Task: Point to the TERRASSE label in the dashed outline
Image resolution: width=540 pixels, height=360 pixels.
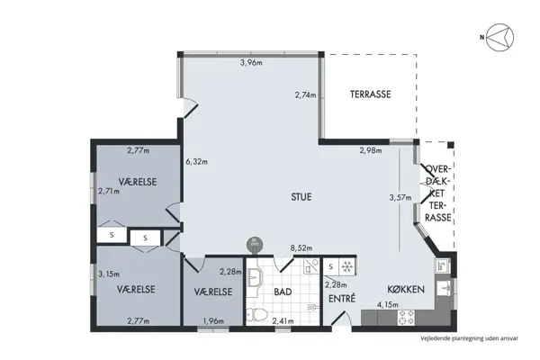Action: (370, 93)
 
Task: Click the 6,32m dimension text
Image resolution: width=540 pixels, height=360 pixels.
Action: (197, 163)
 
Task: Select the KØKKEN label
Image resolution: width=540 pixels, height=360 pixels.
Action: (406, 291)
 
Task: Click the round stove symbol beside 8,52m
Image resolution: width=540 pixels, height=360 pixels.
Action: (255, 244)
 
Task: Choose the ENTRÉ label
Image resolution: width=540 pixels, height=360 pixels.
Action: (341, 298)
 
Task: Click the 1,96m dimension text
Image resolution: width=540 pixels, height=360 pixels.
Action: (214, 321)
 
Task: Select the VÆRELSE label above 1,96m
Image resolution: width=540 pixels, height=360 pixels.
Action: (214, 292)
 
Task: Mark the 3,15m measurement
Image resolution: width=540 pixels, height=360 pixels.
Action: (109, 274)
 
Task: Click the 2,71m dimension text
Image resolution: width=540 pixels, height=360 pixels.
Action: (109, 192)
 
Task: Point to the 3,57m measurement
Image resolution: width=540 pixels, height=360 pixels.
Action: (400, 198)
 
